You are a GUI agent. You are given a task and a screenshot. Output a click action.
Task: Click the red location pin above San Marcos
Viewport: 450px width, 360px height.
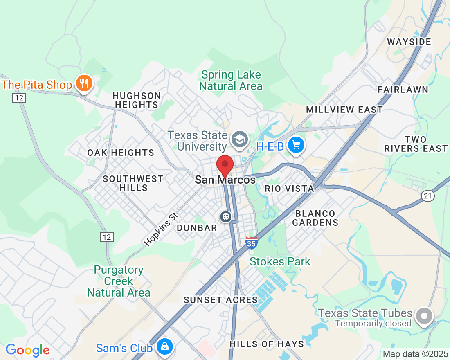tap(225, 165)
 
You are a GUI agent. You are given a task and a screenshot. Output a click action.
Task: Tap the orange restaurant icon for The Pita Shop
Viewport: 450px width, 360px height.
tap(85, 83)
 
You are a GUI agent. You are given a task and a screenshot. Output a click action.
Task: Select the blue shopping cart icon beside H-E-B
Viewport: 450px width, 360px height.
tap(296, 145)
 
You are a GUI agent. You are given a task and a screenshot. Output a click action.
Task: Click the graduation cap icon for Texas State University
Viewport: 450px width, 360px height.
tap(239, 139)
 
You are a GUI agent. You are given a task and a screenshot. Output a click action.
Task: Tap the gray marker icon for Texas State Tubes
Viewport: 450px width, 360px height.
tap(424, 316)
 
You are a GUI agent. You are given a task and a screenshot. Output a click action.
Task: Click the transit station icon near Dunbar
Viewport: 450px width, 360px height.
tap(225, 216)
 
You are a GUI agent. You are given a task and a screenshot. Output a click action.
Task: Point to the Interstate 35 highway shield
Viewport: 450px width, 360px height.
tap(252, 243)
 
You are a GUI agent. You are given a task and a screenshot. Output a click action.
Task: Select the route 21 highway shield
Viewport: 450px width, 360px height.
tap(428, 196)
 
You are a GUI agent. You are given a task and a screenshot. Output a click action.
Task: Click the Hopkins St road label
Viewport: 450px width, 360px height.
tap(161, 229)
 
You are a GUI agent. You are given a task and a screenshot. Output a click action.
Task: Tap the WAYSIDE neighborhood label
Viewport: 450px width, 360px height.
tap(409, 42)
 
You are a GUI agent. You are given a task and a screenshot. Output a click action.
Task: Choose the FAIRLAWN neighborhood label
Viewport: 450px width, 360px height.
tap(403, 90)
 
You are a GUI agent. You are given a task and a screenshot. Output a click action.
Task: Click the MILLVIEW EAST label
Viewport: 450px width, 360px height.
tap(344, 110)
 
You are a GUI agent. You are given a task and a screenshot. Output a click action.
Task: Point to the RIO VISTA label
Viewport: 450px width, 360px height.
tap(289, 189)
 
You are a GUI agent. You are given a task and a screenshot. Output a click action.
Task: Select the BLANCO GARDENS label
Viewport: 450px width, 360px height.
tap(315, 218)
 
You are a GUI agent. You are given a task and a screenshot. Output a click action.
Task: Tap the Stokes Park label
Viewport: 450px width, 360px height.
tap(280, 261)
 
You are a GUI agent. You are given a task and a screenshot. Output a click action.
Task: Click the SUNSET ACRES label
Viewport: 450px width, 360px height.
tap(220, 300)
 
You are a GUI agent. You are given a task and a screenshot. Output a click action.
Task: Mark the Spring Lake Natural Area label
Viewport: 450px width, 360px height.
tap(231, 81)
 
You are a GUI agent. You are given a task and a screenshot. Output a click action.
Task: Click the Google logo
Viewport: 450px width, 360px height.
tap(27, 350)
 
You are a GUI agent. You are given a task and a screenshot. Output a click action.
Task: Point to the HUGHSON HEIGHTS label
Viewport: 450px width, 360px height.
tap(137, 100)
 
